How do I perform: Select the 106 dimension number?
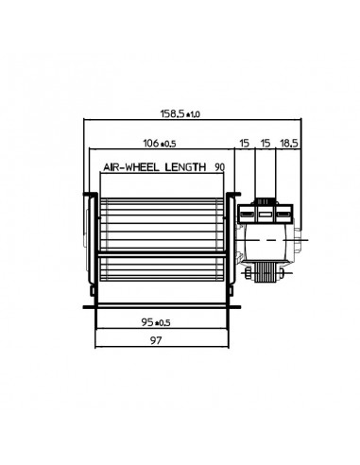(x=148, y=144)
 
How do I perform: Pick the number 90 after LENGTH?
(x=220, y=166)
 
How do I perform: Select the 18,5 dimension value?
(x=289, y=144)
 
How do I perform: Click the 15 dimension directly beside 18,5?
(x=266, y=144)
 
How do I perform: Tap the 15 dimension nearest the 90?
(x=245, y=144)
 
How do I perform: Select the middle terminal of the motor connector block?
(x=266, y=215)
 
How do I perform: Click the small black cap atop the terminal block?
(x=266, y=200)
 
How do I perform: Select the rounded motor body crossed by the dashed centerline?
(x=269, y=243)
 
